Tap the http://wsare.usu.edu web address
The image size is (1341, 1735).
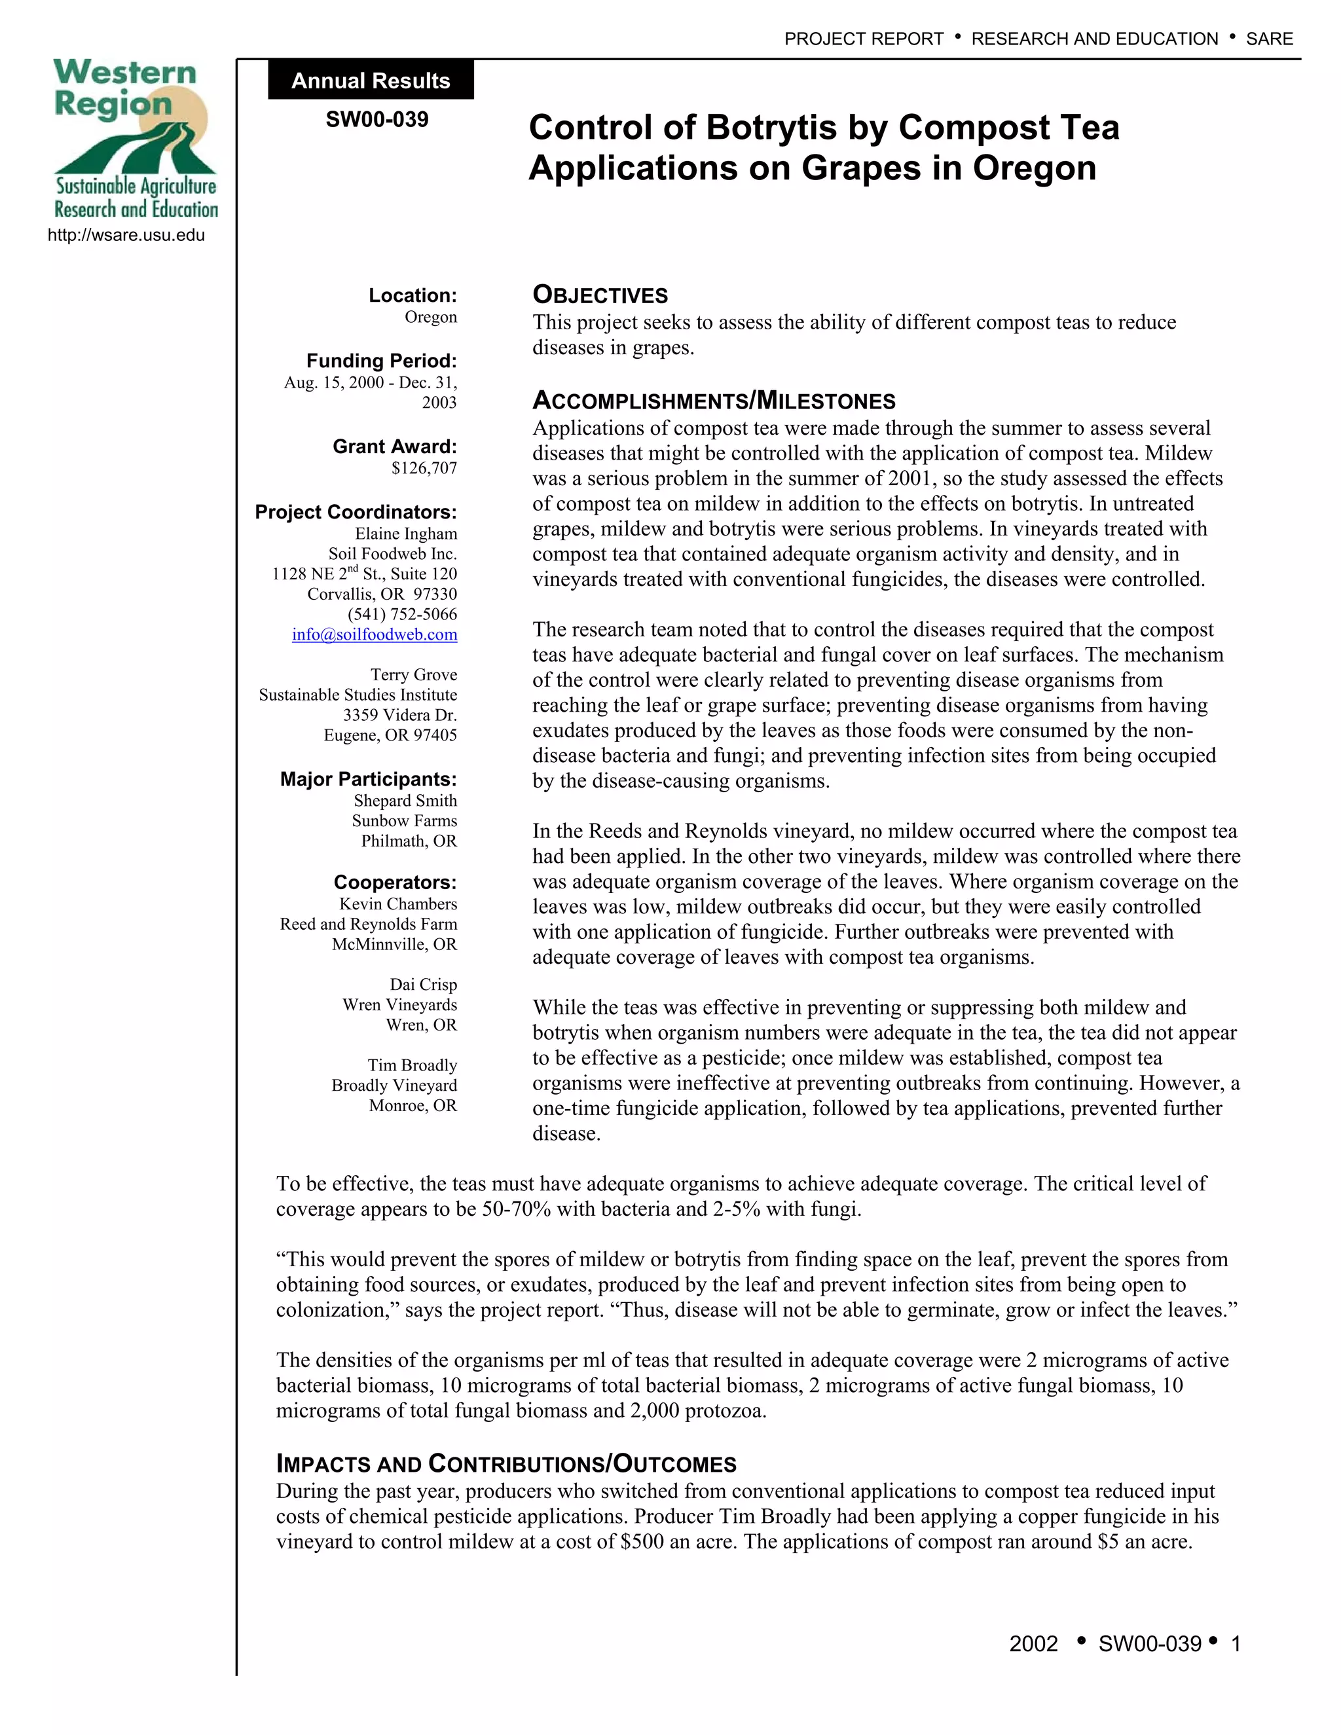tap(126, 235)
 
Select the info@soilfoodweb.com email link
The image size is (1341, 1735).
tap(374, 634)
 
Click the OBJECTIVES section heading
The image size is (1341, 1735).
tap(600, 295)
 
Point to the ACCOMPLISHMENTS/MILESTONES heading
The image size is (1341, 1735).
tap(714, 401)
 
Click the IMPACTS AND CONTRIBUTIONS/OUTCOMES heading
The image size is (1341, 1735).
tap(506, 1463)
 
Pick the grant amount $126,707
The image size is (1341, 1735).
tap(424, 468)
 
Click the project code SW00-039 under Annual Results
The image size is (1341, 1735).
tap(377, 119)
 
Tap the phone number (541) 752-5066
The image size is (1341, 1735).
tap(402, 614)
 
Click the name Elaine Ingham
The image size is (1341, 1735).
tap(406, 533)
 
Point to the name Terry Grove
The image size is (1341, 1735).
tap(413, 674)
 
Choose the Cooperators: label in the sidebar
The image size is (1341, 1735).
tap(395, 883)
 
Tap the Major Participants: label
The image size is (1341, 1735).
tap(368, 778)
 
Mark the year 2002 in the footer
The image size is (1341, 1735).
tap(1033, 1643)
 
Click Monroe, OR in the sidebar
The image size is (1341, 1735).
tap(413, 1105)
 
